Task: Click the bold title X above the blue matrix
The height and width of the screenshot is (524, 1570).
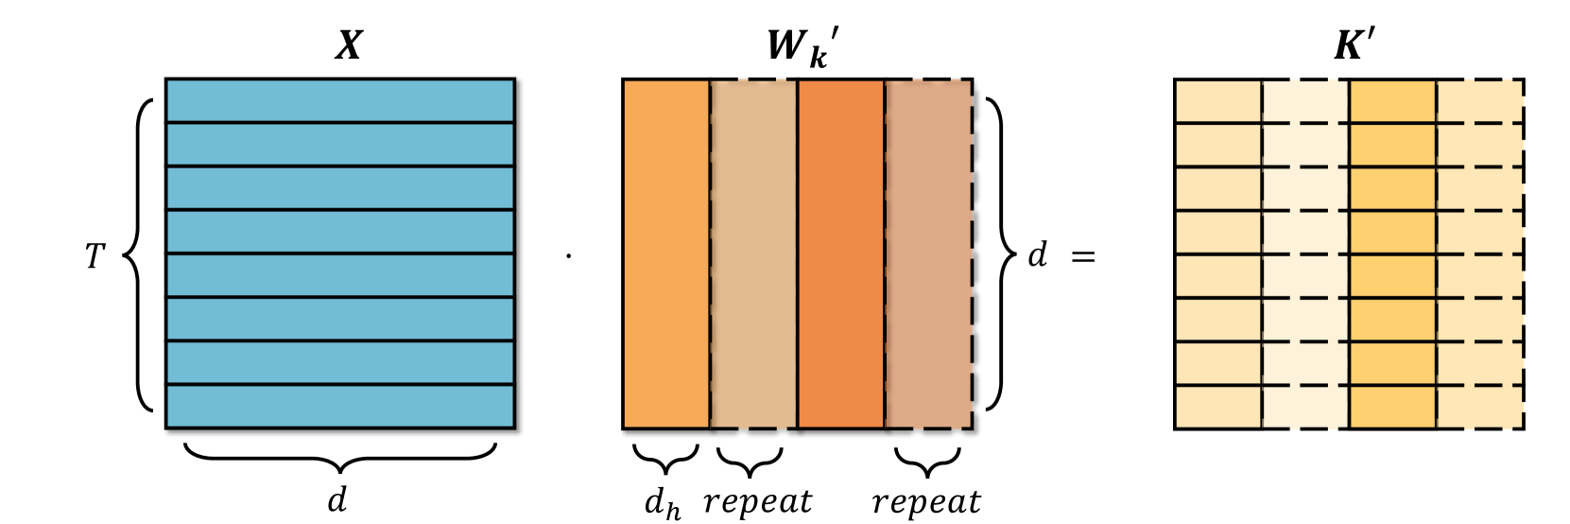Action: [x=349, y=45]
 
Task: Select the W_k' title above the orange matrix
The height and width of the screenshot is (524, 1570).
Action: [x=802, y=47]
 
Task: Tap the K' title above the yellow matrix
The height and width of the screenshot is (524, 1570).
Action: [x=1354, y=45]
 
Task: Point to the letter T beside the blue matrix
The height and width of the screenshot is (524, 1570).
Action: [x=95, y=256]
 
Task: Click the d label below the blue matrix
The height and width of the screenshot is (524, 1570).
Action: [x=337, y=498]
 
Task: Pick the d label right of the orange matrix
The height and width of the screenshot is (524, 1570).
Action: [x=1037, y=254]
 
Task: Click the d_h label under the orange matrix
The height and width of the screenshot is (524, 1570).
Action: [x=663, y=503]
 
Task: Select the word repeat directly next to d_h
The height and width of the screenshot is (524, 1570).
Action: [x=757, y=502]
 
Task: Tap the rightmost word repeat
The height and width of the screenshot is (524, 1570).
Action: [x=926, y=502]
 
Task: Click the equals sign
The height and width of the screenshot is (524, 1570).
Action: [x=1083, y=256]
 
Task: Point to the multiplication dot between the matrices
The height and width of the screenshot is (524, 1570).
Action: [x=568, y=255]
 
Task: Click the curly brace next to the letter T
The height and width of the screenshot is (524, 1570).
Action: [x=140, y=255]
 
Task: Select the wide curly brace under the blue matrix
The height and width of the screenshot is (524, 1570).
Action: [x=339, y=456]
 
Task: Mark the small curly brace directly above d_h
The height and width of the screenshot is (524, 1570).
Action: [x=665, y=459]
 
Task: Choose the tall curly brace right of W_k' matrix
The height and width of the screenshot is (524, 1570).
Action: [x=998, y=253]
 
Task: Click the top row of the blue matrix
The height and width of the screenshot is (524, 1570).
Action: [x=339, y=100]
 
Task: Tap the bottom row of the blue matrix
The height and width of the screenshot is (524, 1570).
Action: [x=339, y=407]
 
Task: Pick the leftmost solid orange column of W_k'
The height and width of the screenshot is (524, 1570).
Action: [x=665, y=253]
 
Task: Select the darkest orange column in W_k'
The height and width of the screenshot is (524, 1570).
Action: [x=840, y=253]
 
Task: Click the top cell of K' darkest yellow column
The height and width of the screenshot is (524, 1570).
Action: [x=1392, y=100]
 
